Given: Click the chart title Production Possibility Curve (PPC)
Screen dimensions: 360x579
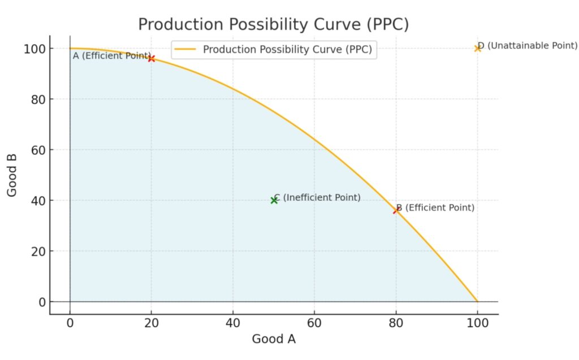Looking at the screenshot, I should [x=273, y=25].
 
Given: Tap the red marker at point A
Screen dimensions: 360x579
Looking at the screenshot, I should [x=151, y=58].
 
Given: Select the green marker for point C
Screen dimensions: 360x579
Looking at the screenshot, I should [x=274, y=200].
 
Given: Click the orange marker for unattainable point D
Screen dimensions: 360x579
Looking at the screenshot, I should [x=478, y=48].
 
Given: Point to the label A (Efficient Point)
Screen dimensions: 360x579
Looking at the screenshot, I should [x=111, y=56].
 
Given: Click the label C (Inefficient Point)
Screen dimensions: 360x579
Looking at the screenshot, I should [x=318, y=198].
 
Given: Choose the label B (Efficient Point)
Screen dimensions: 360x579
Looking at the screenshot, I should [x=435, y=208].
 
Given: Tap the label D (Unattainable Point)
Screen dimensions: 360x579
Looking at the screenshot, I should [x=528, y=46].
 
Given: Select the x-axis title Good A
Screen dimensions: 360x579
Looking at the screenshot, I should [x=274, y=339].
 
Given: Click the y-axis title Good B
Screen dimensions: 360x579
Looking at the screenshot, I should [x=12, y=175].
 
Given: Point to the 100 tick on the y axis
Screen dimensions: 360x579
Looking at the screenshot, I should [x=34, y=49].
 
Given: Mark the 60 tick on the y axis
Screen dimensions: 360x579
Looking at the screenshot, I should [x=38, y=150].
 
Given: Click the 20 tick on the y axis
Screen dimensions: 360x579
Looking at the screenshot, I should [x=38, y=251].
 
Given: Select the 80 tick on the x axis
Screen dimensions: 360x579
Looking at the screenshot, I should [x=396, y=323].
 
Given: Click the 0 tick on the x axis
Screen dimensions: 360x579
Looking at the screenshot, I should [x=70, y=323].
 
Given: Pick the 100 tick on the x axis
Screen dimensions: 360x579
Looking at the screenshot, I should [x=477, y=323].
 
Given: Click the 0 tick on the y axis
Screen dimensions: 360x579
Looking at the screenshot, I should [x=42, y=302].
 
